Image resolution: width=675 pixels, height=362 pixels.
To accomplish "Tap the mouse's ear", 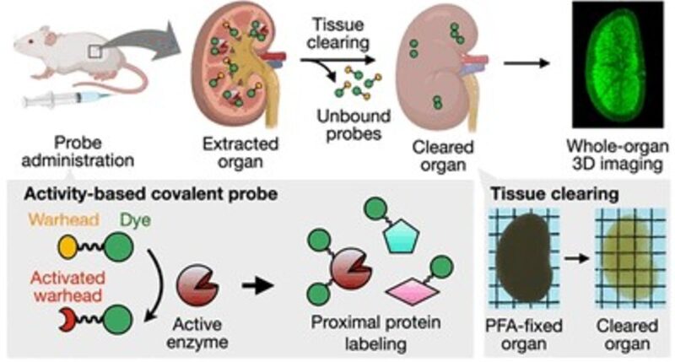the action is pyautogui.click(x=50, y=38).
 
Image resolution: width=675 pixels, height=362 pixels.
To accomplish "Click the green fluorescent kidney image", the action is pyautogui.click(x=618, y=65).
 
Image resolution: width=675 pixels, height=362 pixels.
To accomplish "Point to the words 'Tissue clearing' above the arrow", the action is pyautogui.click(x=337, y=33).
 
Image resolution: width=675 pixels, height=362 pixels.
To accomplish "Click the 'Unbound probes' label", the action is pyautogui.click(x=354, y=124).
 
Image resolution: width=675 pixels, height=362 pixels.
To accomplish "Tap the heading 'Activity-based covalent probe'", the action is pyautogui.click(x=150, y=194).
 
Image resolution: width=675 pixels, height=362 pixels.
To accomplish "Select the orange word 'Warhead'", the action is pyautogui.click(x=64, y=219).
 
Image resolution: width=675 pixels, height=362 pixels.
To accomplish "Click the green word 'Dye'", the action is pyautogui.click(x=135, y=220).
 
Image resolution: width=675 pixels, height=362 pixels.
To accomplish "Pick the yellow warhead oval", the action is pyautogui.click(x=67, y=247).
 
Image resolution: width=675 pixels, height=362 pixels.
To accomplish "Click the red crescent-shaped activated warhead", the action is pyautogui.click(x=67, y=319).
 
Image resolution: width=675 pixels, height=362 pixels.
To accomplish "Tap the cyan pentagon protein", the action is pyautogui.click(x=402, y=236).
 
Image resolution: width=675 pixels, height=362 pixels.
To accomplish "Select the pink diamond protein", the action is pyautogui.click(x=412, y=291).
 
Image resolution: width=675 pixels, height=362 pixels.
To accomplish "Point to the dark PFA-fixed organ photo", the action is pyautogui.click(x=524, y=259).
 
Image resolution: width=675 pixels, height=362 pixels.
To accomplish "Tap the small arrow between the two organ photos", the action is pyautogui.click(x=577, y=258).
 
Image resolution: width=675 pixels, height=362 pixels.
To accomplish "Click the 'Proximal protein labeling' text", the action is pyautogui.click(x=375, y=333).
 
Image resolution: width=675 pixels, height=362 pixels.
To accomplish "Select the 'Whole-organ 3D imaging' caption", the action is pyautogui.click(x=618, y=155).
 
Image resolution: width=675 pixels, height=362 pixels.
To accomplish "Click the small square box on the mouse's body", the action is pyautogui.click(x=94, y=51).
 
